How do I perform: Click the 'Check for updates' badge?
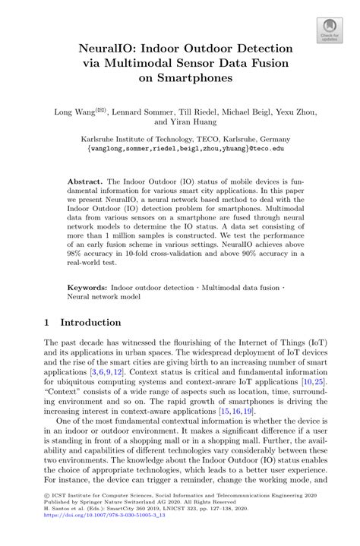(x=329, y=31)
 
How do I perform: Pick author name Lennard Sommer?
(x=142, y=112)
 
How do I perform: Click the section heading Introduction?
(x=93, y=322)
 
